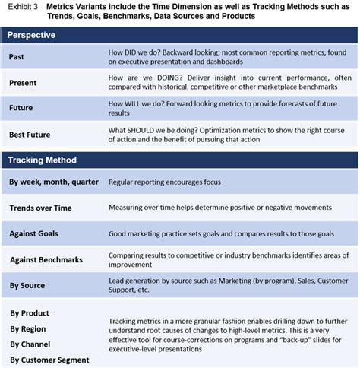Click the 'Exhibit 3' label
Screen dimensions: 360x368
click(21, 7)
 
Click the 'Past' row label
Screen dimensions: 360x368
click(17, 57)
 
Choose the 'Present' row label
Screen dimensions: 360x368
click(24, 81)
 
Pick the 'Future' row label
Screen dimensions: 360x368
click(21, 108)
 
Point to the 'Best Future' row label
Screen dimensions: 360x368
click(30, 134)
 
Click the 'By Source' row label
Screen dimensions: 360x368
click(27, 285)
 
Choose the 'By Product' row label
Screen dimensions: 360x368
click(30, 312)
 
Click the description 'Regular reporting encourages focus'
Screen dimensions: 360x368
click(166, 182)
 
